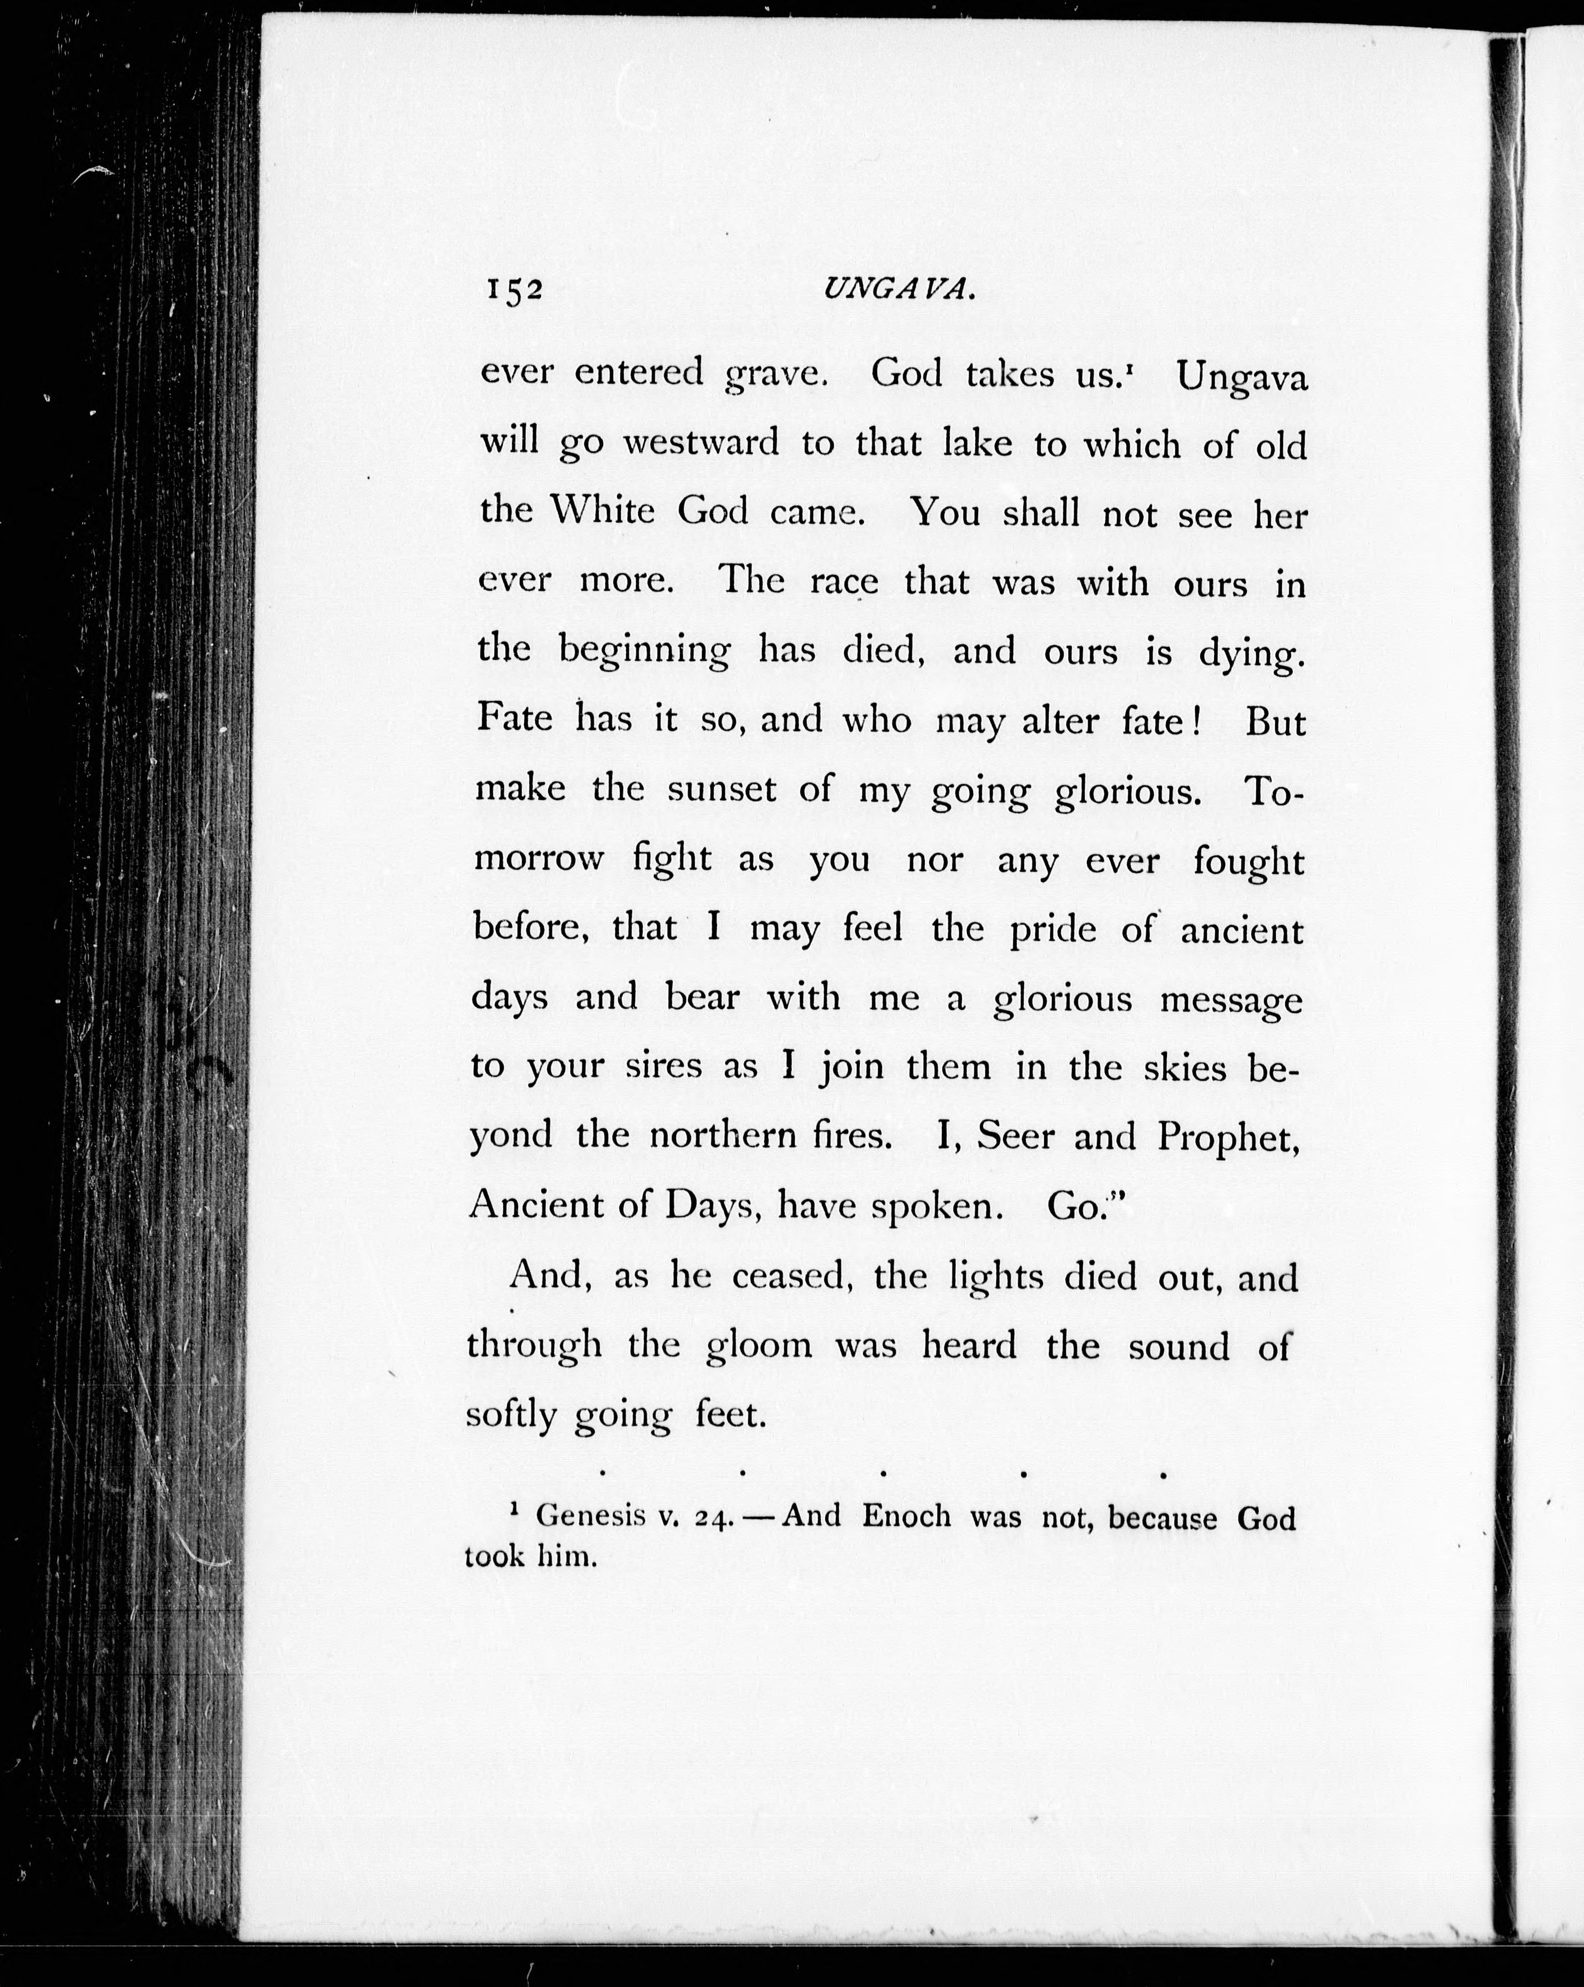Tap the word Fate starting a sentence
514,718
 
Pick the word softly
510,1416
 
